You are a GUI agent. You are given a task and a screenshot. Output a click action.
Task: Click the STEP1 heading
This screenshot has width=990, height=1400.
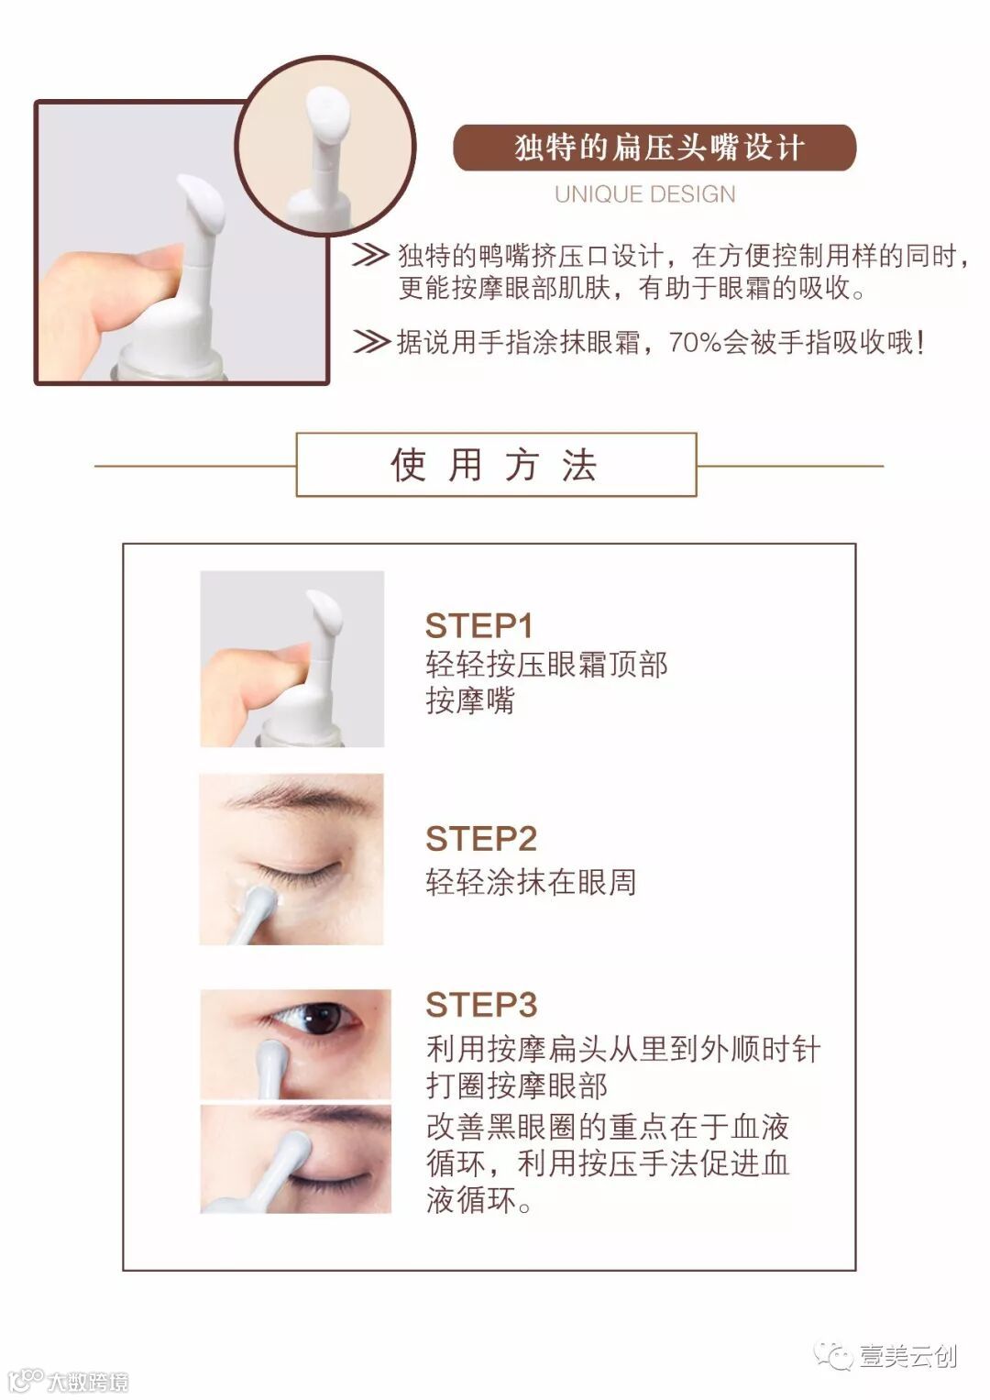(478, 625)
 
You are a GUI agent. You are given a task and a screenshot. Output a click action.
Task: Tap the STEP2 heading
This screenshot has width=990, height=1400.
(481, 838)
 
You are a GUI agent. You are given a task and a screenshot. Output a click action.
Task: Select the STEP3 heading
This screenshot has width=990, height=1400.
(481, 1004)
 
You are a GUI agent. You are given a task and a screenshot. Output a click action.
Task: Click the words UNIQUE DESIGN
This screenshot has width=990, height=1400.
(645, 194)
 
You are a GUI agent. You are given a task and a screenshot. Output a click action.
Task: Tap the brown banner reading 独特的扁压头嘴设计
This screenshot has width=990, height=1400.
(654, 148)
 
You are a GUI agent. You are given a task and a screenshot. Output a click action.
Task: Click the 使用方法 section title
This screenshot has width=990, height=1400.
(495, 465)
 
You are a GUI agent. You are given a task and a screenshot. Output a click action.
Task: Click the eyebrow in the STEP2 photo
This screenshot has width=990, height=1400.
(300, 796)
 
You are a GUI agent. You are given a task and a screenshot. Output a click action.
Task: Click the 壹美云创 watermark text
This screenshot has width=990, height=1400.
(908, 1356)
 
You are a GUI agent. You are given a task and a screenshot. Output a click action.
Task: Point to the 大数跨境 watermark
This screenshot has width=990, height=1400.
(88, 1381)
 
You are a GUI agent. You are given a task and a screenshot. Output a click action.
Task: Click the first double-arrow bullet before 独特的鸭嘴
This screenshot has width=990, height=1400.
(370, 255)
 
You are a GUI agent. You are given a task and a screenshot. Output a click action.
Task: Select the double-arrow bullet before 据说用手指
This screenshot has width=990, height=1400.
(370, 342)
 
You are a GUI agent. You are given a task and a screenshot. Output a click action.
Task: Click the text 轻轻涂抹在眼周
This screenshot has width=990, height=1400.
(532, 882)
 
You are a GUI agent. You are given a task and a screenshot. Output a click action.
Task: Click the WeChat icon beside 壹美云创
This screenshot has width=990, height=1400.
(833, 1354)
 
